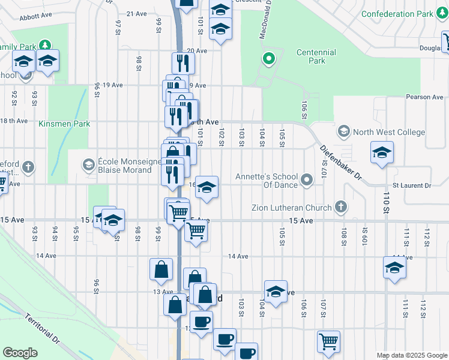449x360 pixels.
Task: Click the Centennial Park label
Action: click(x=316, y=56)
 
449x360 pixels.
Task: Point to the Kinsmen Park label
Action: click(x=64, y=124)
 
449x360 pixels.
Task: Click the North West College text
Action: click(x=389, y=133)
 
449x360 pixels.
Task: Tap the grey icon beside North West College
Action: click(x=343, y=131)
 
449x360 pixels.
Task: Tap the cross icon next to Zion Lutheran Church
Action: click(x=341, y=208)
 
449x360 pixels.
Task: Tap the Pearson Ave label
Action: click(x=424, y=97)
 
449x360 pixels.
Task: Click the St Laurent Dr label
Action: click(x=412, y=186)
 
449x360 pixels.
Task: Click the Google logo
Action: click(x=20, y=352)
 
